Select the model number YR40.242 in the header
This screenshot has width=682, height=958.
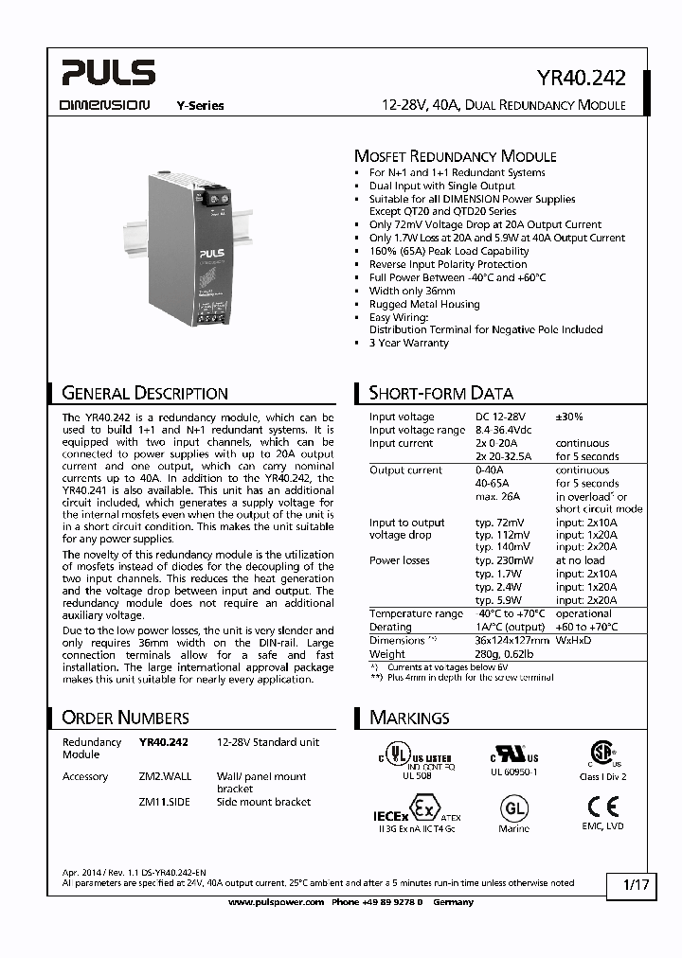click(x=581, y=80)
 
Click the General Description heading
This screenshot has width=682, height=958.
click(x=144, y=393)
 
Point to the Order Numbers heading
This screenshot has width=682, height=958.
click(x=125, y=718)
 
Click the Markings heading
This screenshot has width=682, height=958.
click(x=409, y=718)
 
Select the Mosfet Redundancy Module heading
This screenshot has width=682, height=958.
click(x=455, y=156)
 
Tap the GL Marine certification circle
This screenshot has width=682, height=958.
click(x=514, y=808)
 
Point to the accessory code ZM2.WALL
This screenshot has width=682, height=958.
click(x=165, y=776)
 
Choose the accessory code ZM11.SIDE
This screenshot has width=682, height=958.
click(x=165, y=802)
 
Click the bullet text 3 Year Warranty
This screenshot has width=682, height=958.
click(x=408, y=343)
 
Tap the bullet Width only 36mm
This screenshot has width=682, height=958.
click(x=412, y=291)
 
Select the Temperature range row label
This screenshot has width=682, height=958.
click(x=416, y=613)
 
